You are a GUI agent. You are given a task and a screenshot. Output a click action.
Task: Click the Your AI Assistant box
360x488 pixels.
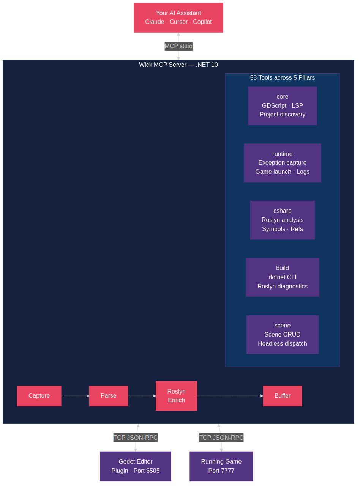coord(178,17)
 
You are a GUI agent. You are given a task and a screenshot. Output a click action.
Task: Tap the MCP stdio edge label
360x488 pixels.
coord(178,46)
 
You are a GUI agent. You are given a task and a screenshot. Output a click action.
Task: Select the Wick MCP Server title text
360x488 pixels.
coord(178,65)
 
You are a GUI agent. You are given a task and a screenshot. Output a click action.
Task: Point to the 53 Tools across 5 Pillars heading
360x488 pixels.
coord(282,78)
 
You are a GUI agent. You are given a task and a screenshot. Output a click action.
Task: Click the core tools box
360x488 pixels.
coord(282,105)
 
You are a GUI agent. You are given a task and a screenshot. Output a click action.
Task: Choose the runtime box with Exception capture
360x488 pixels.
coord(282,163)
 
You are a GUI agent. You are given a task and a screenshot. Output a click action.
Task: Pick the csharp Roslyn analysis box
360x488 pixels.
coord(282,220)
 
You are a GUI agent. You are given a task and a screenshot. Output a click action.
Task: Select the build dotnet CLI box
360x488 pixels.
coord(282,277)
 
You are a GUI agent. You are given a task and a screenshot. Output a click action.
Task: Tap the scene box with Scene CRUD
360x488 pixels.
coord(282,335)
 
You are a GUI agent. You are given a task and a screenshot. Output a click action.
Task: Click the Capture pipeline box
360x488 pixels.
coord(39,396)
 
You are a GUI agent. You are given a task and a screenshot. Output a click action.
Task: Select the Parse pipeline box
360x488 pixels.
coord(108,396)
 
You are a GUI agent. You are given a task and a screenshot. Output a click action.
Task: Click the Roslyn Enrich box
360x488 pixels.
coord(176,396)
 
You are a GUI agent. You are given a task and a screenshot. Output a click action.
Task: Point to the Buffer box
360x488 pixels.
coord(282,396)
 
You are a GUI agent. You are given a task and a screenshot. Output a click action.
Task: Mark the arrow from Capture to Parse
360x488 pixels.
coord(75,396)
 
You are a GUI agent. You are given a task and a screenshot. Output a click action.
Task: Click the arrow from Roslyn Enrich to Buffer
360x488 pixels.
coord(230,396)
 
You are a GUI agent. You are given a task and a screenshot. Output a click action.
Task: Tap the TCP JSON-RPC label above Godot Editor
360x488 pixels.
coord(136,438)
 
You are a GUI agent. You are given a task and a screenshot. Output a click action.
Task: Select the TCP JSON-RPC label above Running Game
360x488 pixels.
coord(221,438)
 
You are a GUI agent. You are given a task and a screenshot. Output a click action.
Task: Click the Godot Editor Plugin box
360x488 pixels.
coord(136,466)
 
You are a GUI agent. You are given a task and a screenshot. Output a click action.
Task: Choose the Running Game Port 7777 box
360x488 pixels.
coord(221,466)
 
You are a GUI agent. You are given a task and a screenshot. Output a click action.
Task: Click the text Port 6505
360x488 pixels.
coord(147,471)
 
